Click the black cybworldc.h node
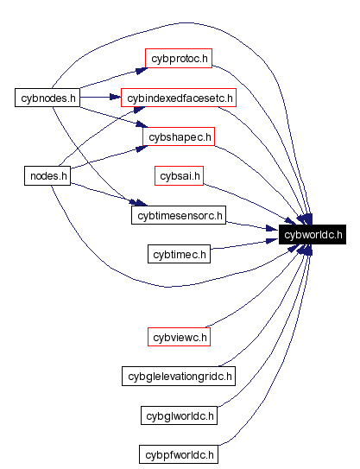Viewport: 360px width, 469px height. (313, 234)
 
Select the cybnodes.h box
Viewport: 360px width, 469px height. (47, 98)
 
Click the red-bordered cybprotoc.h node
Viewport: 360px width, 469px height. (178, 59)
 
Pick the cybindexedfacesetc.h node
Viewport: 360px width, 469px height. (179, 98)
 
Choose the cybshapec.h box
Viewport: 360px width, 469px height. (178, 137)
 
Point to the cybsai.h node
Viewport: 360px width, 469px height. (179, 176)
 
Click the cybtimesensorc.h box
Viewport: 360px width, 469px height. (179, 215)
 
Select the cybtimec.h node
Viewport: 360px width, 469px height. (179, 254)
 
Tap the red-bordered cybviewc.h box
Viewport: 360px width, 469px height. (179, 337)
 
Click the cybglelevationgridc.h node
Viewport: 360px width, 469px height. (179, 376)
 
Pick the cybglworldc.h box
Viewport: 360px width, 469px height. (179, 415)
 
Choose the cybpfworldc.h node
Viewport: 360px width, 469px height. (179, 454)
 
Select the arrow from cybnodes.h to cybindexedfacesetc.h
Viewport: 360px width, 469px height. (99, 98)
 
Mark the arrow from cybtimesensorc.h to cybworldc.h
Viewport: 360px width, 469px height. (252, 227)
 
